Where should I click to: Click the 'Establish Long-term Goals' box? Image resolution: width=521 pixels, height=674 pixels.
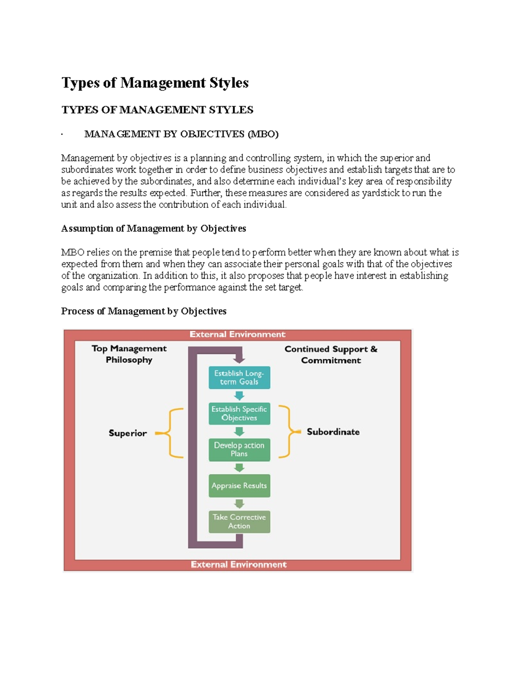pos(239,378)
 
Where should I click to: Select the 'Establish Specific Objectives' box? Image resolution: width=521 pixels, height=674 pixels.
pos(239,414)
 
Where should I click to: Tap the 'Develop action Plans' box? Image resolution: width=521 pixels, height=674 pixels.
pos(239,450)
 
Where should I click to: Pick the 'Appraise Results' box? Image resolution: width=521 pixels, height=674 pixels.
pos(239,486)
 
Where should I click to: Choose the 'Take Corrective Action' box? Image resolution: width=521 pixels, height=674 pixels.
pos(239,522)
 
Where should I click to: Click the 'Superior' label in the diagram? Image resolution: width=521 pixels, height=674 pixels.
pos(128,433)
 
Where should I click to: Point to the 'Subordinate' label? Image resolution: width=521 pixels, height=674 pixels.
pos(333,432)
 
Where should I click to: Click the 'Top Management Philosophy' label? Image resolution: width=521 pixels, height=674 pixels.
pos(129,354)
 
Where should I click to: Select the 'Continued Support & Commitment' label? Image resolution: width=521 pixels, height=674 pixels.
pos(331,355)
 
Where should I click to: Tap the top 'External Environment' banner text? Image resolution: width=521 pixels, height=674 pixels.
pos(237,334)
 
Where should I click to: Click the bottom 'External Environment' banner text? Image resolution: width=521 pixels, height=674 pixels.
pos(239,565)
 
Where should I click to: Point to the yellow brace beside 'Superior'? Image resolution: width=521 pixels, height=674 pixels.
pos(171,433)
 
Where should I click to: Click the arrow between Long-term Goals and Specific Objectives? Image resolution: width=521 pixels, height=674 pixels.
pos(239,396)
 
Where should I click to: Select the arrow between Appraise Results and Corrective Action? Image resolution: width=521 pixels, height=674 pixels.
pos(239,504)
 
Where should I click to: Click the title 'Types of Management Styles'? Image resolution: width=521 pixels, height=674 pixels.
pos(155,83)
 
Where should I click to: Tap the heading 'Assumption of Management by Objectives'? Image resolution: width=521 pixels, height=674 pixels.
pos(154,229)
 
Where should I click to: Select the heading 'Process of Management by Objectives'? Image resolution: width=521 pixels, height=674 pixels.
pos(144,311)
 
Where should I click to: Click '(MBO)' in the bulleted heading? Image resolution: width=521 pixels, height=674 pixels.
pos(263,134)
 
